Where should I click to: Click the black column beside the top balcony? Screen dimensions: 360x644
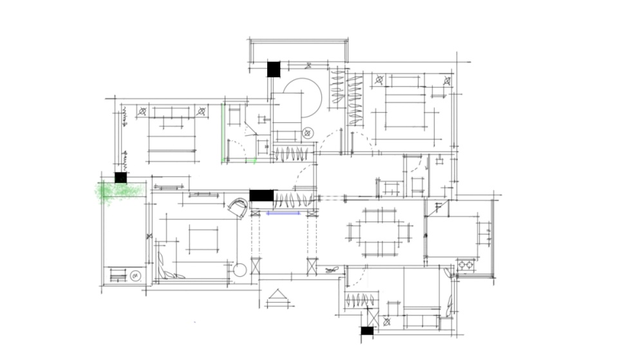tap(274, 69)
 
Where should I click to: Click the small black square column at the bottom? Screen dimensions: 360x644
tap(367, 331)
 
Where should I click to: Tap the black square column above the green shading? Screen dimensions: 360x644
tap(120, 178)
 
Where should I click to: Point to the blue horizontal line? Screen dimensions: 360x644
tap(284, 213)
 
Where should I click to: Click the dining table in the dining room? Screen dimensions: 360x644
tap(379, 232)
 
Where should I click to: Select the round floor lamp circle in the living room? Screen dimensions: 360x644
tap(240, 270)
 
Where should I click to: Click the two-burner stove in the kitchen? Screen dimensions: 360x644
tap(466, 264)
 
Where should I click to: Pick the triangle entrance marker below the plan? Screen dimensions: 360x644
tap(278, 295)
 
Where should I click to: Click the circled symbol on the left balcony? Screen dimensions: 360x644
tap(135, 276)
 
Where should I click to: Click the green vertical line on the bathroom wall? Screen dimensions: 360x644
tap(223, 132)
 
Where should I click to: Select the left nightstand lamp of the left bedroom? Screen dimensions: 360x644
tap(142, 111)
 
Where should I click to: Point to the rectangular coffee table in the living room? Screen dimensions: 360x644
tap(204, 239)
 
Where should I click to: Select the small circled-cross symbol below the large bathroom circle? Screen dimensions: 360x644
tap(307, 133)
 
